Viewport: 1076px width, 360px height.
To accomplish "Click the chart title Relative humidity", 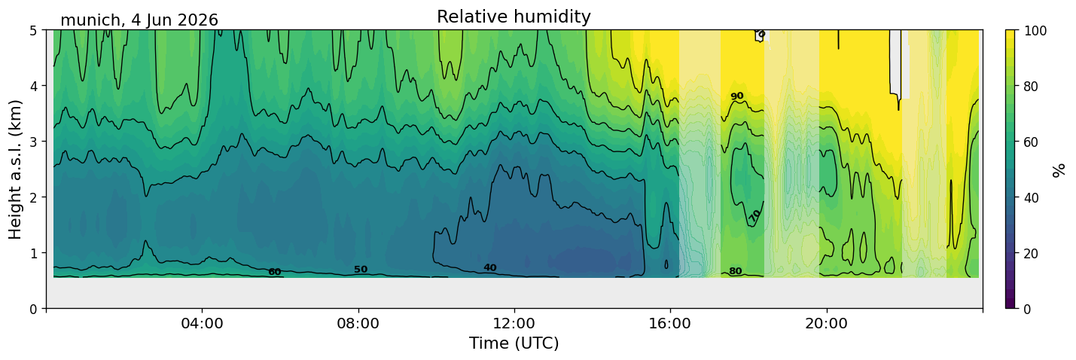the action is pyautogui.click(x=514, y=17).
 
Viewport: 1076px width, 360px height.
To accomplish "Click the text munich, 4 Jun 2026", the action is pyautogui.click(x=139, y=20).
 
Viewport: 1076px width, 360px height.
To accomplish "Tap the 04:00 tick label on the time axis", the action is pyautogui.click(x=203, y=323).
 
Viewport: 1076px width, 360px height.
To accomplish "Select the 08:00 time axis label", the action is pyautogui.click(x=358, y=323).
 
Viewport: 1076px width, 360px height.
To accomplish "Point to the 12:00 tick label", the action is pyautogui.click(x=514, y=323).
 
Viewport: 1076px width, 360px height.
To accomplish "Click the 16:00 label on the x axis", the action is pyautogui.click(x=670, y=323).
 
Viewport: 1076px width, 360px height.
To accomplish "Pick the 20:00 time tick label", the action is pyautogui.click(x=826, y=323).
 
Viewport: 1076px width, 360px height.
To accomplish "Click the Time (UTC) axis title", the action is pyautogui.click(x=514, y=343).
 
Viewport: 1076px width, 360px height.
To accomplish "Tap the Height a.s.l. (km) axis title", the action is pyautogui.click(x=15, y=169).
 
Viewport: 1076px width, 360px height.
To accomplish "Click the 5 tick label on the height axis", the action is pyautogui.click(x=34, y=30).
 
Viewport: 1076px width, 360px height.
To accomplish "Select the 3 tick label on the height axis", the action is pyautogui.click(x=34, y=142).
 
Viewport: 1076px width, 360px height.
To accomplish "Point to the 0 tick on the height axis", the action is pyautogui.click(x=34, y=309).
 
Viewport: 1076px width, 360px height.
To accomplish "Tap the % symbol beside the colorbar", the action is pyautogui.click(x=1058, y=169).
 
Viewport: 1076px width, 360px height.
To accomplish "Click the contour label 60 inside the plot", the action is pyautogui.click(x=275, y=272).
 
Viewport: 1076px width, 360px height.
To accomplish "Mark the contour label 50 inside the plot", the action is pyautogui.click(x=361, y=270).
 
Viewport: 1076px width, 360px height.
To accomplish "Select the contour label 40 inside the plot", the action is pyautogui.click(x=490, y=267).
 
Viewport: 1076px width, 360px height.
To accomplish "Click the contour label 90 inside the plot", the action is pyautogui.click(x=737, y=96).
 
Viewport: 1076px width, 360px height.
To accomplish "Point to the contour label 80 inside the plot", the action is pyautogui.click(x=736, y=271).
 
